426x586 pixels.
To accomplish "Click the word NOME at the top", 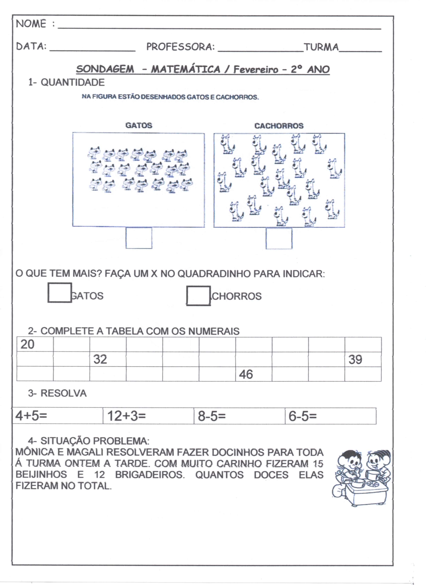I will pos(31,24).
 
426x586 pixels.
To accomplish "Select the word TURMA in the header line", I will pos(321,47).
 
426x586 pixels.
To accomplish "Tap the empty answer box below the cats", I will pos(139,238).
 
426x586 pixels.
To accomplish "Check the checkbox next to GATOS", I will pos(60,293).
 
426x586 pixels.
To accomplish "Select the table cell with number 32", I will pos(108,359).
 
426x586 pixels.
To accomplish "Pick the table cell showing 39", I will pos(363,359).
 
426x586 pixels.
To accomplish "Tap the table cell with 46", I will pos(253,374).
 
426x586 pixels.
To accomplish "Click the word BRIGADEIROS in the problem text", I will pos(150,475).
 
